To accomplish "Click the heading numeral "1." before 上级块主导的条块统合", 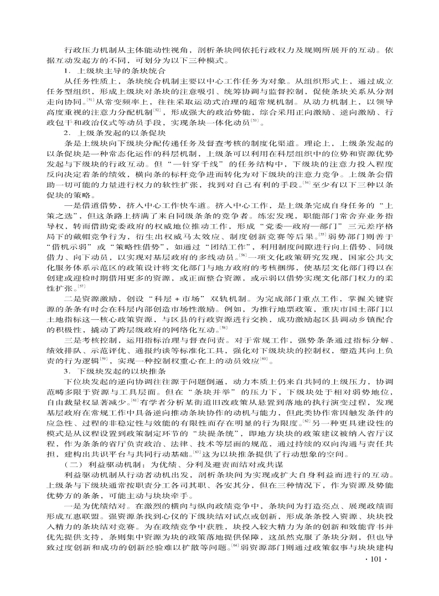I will point(67,71).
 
